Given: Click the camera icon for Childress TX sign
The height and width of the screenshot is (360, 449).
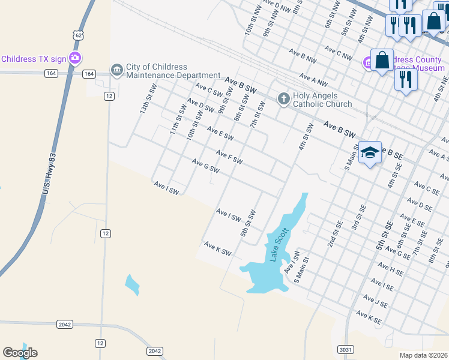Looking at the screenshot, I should coord(75,58).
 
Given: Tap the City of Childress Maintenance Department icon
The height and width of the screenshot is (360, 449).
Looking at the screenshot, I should coord(116,71).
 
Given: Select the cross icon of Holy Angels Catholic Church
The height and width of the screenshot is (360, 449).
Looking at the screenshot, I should coord(283,98).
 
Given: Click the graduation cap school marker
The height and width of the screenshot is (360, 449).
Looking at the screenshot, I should coord(370,152).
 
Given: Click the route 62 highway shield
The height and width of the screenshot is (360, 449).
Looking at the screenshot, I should coord(78,35).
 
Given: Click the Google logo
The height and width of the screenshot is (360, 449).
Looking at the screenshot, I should coord(20,353).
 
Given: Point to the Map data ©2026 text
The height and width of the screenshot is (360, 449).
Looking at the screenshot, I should coord(423,355).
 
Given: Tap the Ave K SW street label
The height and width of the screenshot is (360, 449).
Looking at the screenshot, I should coord(217,249).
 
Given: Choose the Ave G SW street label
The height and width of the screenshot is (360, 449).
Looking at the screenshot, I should coord(205,166).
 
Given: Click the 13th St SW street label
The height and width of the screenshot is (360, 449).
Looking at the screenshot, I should coord(148,99).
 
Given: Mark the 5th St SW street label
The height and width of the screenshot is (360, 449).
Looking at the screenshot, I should coord(249,223).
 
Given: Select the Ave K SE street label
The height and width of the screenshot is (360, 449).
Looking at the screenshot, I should coord(369,317).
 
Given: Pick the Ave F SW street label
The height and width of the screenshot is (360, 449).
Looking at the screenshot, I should coord(229,157).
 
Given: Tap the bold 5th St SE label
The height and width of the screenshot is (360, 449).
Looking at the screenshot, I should coord(384,235).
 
